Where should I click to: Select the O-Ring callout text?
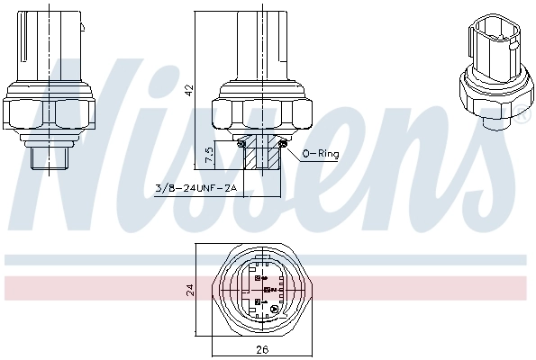pos(321,154)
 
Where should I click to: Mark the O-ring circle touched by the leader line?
pos(283,143)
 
